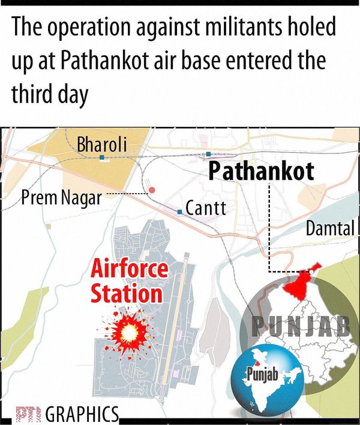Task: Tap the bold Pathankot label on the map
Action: click(261, 172)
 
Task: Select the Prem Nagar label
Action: click(61, 197)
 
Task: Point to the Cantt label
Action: click(206, 209)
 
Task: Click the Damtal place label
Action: click(331, 228)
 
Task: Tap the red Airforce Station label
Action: click(129, 282)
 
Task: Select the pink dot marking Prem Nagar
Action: click(152, 190)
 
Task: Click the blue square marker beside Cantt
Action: click(179, 212)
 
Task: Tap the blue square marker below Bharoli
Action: click(102, 158)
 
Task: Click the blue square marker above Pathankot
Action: click(208, 154)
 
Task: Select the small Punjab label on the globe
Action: click(260, 376)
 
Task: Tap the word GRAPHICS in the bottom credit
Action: click(82, 414)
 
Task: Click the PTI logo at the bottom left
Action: click(27, 415)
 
